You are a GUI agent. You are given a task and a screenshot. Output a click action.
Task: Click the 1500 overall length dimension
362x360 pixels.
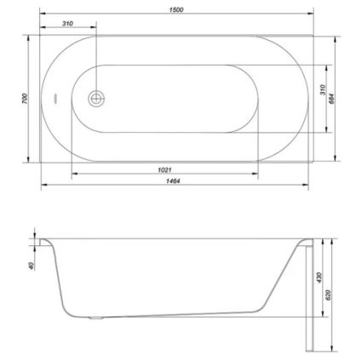click(176, 9)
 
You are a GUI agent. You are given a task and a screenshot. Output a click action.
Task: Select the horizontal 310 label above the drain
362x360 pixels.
click(67, 23)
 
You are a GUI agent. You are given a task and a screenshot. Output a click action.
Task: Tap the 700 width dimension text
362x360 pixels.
click(25, 99)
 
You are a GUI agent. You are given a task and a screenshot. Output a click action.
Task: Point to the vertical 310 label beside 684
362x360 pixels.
click(324, 89)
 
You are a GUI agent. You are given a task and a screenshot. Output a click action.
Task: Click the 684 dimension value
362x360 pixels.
click(332, 99)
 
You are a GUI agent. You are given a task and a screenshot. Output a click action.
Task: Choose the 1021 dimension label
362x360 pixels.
click(164, 169)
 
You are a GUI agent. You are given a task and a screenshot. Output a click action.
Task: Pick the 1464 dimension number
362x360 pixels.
click(173, 180)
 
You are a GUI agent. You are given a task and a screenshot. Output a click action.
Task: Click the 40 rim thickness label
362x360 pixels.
click(31, 266)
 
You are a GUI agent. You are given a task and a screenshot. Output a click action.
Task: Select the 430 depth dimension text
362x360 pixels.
click(319, 277)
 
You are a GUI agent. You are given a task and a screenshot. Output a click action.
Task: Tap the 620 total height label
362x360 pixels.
click(329, 295)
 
